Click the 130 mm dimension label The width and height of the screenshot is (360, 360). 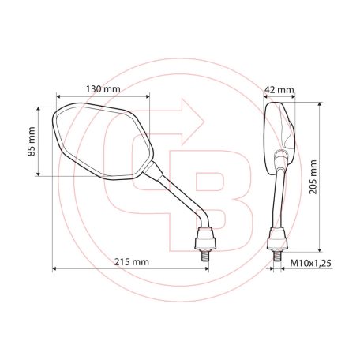(103, 89)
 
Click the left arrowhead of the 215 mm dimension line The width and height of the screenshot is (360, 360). (55, 269)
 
